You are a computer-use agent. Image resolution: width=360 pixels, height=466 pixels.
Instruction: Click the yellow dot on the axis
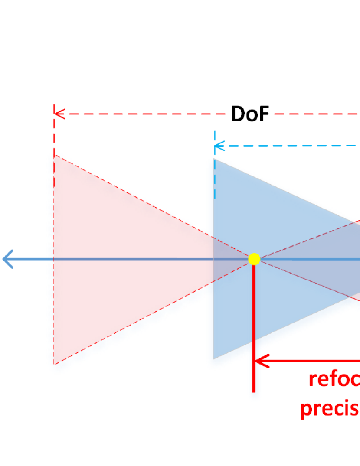pyautogui.click(x=254, y=259)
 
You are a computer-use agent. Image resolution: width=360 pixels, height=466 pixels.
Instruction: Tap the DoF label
pyautogui.click(x=250, y=114)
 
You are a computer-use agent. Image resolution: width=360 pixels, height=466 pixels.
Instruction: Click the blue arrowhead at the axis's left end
pyautogui.click(x=8, y=259)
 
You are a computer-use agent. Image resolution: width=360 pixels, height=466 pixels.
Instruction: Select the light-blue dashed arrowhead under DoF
pyautogui.click(x=219, y=146)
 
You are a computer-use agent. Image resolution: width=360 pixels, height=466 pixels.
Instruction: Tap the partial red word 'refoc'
pyautogui.click(x=334, y=379)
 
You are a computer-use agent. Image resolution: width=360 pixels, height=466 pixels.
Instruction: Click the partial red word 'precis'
pyautogui.click(x=330, y=409)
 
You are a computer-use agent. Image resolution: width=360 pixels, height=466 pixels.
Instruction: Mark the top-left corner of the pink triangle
pyautogui.click(x=54, y=155)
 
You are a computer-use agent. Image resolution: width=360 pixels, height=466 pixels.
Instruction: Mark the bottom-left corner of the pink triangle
pyautogui.click(x=54, y=364)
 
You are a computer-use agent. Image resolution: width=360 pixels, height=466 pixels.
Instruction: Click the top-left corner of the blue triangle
pyautogui.click(x=213, y=159)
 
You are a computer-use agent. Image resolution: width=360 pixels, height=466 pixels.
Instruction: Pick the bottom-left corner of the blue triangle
pyautogui.click(x=213, y=358)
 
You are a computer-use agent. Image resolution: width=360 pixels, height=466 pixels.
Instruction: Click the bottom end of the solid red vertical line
pyautogui.click(x=254, y=391)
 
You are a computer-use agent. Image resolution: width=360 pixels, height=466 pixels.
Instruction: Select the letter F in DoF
pyautogui.click(x=263, y=114)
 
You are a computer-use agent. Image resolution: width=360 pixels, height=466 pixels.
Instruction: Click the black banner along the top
pyautogui.click(x=180, y=39)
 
